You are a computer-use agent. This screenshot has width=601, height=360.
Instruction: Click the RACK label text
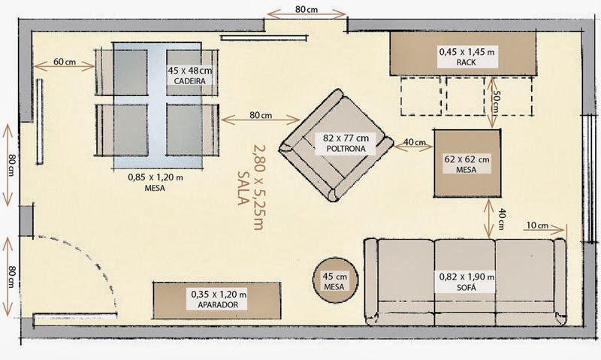click(x=466, y=63)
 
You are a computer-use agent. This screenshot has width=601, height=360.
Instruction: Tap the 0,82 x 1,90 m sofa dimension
click(x=466, y=277)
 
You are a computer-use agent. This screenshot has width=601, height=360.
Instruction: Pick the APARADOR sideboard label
click(x=218, y=305)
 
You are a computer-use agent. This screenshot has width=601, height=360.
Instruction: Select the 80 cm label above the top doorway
click(x=305, y=9)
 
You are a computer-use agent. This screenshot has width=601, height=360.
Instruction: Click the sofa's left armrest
click(x=370, y=282)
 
